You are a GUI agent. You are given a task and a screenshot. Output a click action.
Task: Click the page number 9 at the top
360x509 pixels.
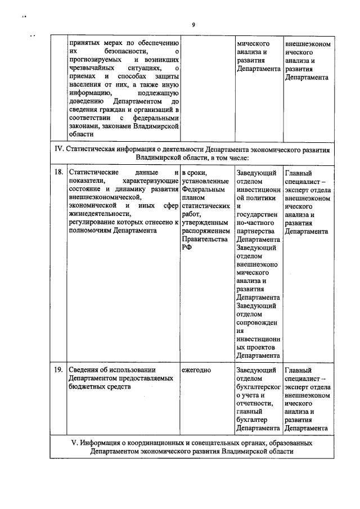(x=192, y=25)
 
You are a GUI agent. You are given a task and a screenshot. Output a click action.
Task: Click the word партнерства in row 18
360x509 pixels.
(x=255, y=231)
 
